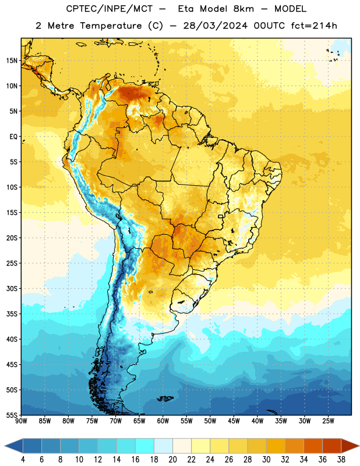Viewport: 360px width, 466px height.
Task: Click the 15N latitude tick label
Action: coord(12,61)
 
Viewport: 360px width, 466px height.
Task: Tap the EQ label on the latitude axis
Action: coord(13,137)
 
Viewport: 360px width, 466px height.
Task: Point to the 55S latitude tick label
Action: coord(12,415)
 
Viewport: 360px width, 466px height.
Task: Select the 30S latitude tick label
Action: coord(12,288)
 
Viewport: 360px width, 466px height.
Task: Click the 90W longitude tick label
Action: coord(21,421)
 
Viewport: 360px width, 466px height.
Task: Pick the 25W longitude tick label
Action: coord(328,421)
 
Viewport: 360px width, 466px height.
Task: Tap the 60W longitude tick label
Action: coord(163,421)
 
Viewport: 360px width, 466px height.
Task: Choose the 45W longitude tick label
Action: coord(234,421)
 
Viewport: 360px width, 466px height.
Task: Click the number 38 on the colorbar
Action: coord(341,460)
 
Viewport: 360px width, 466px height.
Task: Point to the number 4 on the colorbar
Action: coord(23,460)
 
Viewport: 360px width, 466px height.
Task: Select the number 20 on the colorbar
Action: coord(172,460)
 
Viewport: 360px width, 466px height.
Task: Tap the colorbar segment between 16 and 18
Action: coord(145,446)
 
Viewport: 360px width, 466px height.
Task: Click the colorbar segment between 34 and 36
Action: coord(313,446)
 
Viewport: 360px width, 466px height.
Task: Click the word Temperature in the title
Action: coord(111,26)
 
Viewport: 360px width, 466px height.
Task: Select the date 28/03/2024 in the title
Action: coord(215,26)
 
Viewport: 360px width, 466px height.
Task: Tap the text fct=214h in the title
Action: coord(314,26)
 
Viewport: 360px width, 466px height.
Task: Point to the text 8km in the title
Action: coord(243,9)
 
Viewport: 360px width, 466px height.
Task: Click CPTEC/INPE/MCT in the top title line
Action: coord(110,9)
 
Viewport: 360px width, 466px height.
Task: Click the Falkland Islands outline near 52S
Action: coord(165,398)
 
